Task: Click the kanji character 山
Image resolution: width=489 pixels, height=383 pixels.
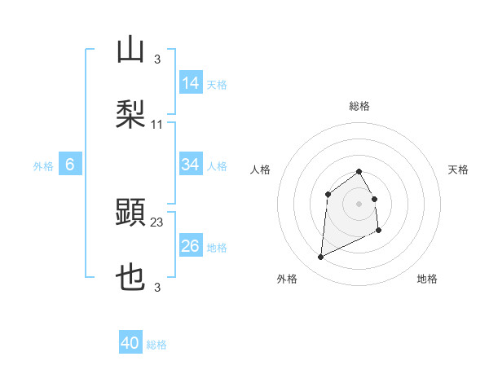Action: pos(130,51)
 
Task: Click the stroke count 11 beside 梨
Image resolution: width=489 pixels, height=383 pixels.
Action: pos(157,124)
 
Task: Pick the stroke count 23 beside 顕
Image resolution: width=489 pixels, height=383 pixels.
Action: pos(157,222)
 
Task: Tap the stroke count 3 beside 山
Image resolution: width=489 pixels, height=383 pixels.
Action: pos(157,59)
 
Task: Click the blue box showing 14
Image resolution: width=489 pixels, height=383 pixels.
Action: pos(191,83)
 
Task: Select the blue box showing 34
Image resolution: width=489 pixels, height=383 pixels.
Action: pos(191,165)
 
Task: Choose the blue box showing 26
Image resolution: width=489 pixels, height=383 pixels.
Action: pos(191,246)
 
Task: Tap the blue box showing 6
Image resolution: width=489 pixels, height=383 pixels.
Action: pos(70,165)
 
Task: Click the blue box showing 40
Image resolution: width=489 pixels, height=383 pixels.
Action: pos(130,343)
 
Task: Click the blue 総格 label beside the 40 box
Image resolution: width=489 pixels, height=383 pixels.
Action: pos(156,345)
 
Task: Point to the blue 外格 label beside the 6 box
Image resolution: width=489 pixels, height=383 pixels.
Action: pos(43,166)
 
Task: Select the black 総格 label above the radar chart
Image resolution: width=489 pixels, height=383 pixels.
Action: pos(359,106)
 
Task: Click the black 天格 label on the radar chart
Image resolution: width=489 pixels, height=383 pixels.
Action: pos(459,169)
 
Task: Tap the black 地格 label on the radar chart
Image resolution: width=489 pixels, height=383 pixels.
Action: pos(427,279)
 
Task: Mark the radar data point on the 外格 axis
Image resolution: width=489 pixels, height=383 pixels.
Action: pos(320,258)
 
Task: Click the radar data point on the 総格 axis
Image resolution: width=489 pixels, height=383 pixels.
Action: pos(359,171)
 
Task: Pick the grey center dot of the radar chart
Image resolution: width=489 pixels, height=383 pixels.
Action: pos(359,204)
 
